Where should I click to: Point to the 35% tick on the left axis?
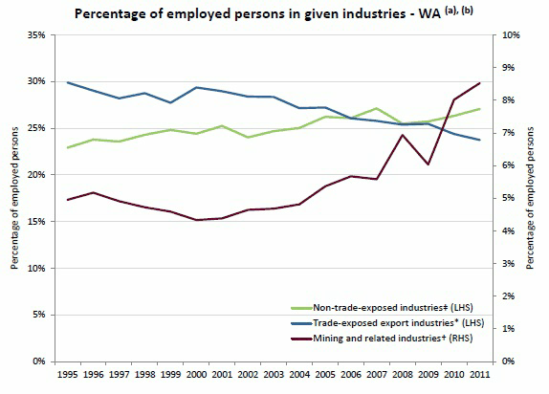click(x=35, y=34)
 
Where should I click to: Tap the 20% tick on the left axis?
click(x=35, y=175)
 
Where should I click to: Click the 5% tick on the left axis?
click(x=38, y=315)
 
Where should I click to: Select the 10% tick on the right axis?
click(x=510, y=34)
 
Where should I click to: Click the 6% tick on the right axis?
click(x=508, y=165)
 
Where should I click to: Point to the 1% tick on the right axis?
click(x=508, y=329)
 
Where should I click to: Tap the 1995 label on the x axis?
click(x=67, y=376)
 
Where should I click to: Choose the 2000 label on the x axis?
click(x=197, y=376)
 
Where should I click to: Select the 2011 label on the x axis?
click(x=479, y=376)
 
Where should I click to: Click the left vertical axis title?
click(x=12, y=198)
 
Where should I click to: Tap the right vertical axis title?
click(x=532, y=198)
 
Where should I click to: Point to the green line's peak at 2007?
click(x=377, y=109)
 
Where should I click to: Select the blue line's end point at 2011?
click(x=479, y=141)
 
